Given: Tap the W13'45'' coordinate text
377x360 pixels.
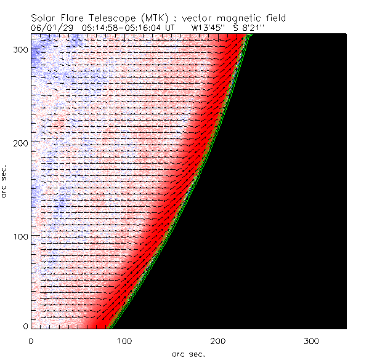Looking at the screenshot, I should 207,28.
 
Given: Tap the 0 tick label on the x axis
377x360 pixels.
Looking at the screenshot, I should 31,340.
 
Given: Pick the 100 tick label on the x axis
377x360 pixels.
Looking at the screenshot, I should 124,340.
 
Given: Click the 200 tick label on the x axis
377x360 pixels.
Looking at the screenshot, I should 217,340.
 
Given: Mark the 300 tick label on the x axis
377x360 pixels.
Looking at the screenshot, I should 310,340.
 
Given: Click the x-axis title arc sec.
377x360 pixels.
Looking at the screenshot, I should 188,354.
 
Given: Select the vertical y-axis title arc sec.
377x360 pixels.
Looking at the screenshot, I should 5,181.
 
